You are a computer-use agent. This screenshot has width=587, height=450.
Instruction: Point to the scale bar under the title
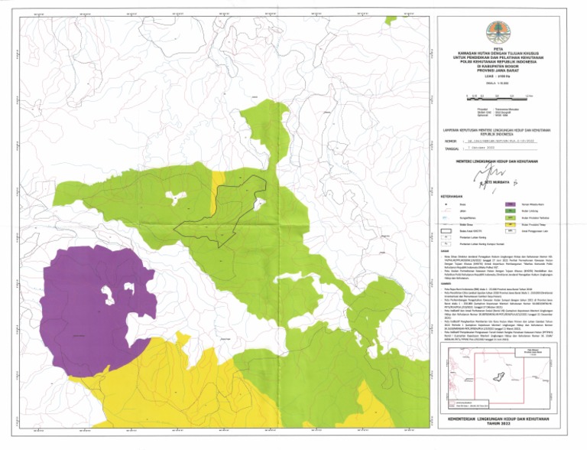(x=498, y=96)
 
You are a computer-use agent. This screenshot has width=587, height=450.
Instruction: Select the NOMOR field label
(x=449, y=142)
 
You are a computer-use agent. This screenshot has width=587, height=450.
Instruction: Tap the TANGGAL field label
(x=451, y=148)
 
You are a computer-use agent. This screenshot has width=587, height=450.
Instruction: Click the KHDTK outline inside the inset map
(x=499, y=376)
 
